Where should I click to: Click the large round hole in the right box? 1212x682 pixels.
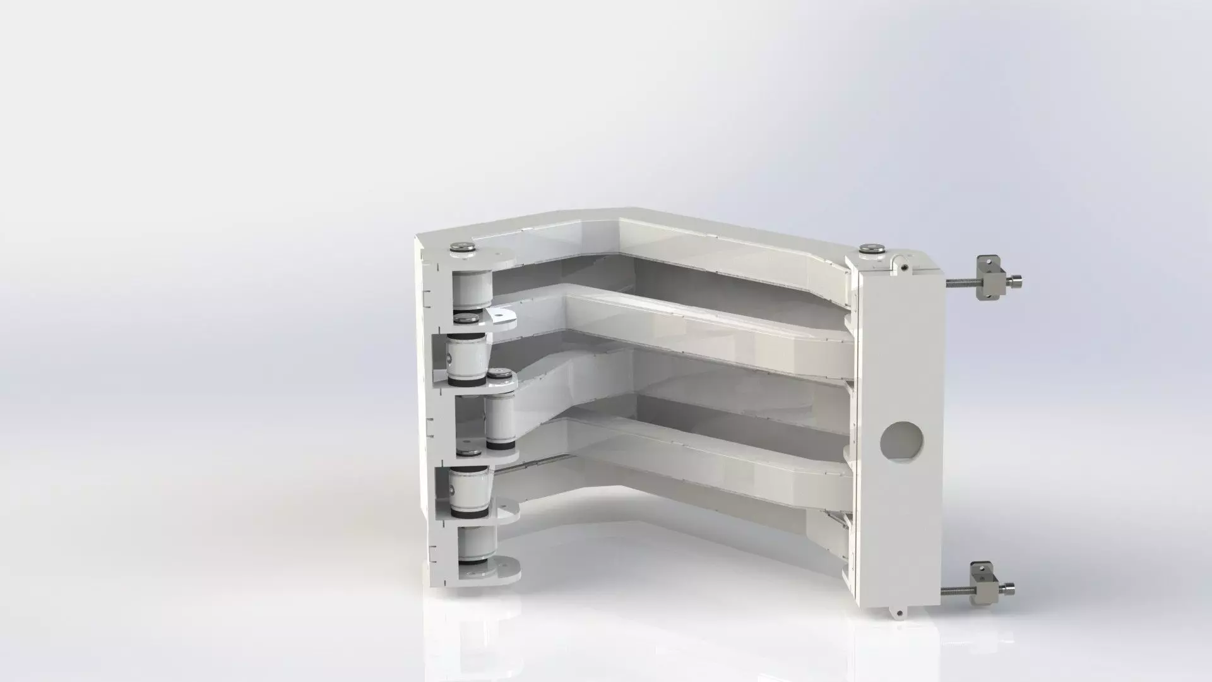point(901,439)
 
